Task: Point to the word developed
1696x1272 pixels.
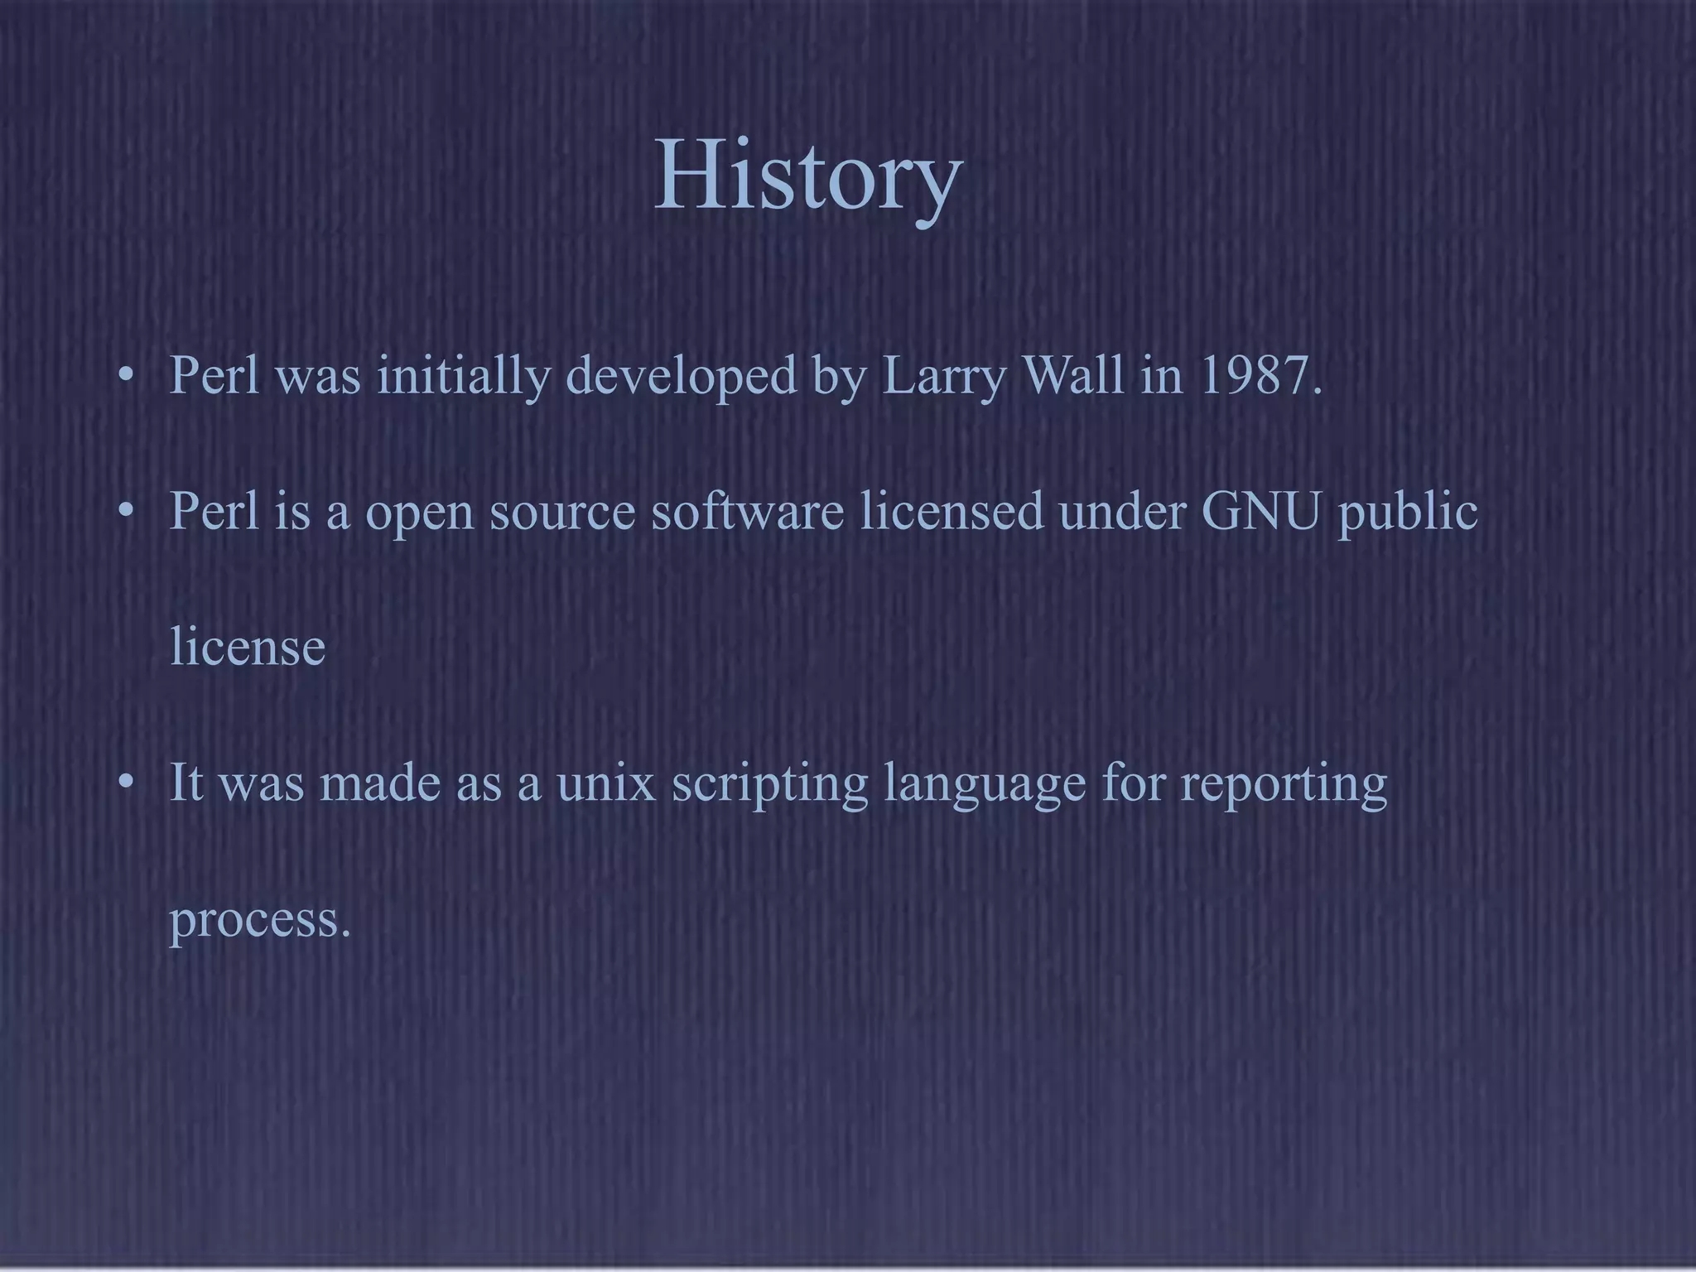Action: point(682,377)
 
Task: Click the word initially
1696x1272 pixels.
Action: point(464,377)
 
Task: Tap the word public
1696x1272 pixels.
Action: point(1408,513)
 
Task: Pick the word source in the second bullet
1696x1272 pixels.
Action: point(562,513)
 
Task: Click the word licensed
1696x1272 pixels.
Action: point(952,511)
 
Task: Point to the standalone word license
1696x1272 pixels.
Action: point(248,647)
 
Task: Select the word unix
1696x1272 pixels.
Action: point(606,783)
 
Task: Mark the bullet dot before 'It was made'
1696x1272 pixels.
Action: point(125,783)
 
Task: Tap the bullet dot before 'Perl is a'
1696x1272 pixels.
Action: point(125,511)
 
